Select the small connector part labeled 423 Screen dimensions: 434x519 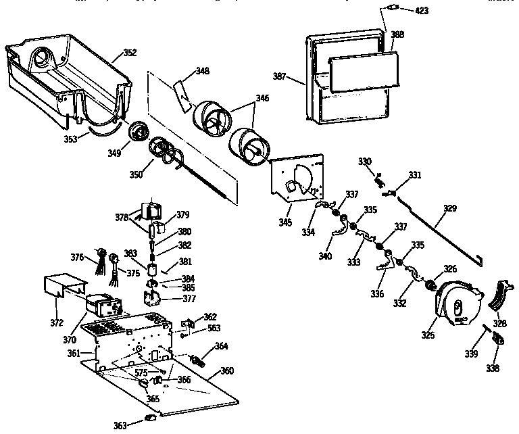(391, 8)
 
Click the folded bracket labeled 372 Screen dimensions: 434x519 (64, 285)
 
